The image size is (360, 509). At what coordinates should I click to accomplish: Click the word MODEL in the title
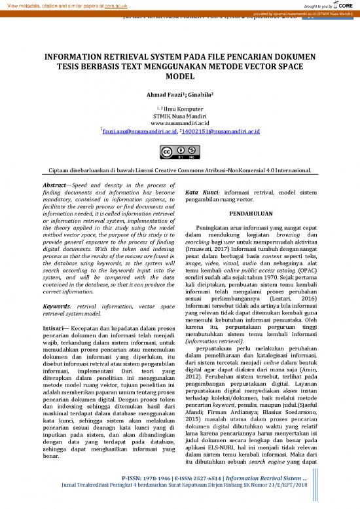point(179,76)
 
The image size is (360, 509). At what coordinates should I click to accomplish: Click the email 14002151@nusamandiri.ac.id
point(220,132)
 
